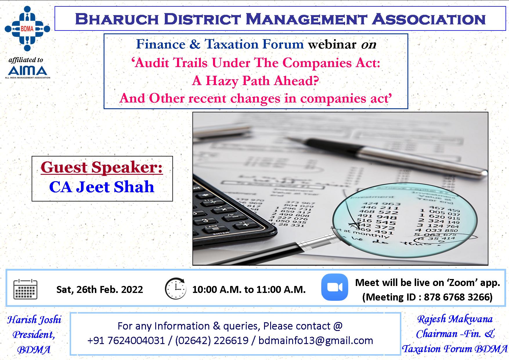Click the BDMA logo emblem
pyautogui.click(x=27, y=28)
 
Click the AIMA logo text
pyautogui.click(x=28, y=71)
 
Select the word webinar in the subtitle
pyautogui.click(x=332, y=44)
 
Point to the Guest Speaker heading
pyautogui.click(x=102, y=167)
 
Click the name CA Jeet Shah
pyautogui.click(x=102, y=187)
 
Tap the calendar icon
pyautogui.click(x=26, y=289)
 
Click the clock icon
pyautogui.click(x=176, y=289)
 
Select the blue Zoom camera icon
pyautogui.click(x=335, y=287)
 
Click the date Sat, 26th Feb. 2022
pyautogui.click(x=100, y=289)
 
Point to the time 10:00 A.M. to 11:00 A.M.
pyautogui.click(x=249, y=289)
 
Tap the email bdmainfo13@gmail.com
pyautogui.click(x=315, y=340)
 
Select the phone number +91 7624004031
pyautogui.click(x=126, y=340)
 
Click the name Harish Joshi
pyautogui.click(x=34, y=320)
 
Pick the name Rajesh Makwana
pyautogui.click(x=455, y=319)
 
